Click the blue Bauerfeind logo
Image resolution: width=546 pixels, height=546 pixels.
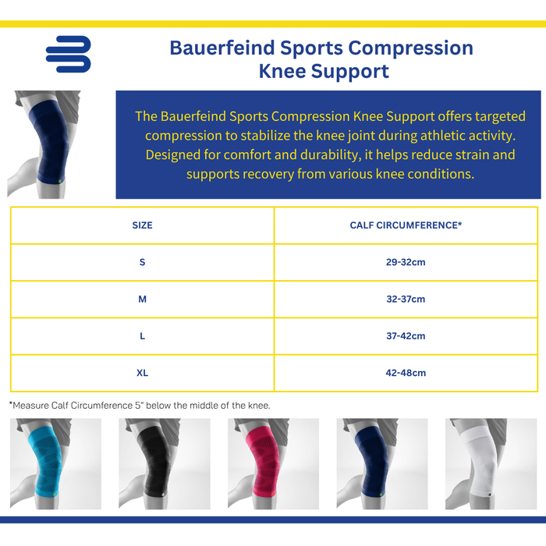[x=68, y=55]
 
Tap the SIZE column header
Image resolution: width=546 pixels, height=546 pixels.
[x=142, y=225]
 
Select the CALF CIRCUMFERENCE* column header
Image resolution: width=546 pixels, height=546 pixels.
[x=406, y=225]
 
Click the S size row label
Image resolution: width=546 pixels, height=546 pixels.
[x=142, y=262]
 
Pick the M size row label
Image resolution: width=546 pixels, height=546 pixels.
[x=142, y=299]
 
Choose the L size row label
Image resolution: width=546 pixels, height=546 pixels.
[x=142, y=336]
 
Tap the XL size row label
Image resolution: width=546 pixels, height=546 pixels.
[x=142, y=373]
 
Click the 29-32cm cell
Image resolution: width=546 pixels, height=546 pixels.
[x=406, y=262]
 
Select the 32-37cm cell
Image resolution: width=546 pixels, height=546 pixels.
[x=406, y=299]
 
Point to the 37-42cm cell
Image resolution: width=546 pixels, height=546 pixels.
[x=406, y=336]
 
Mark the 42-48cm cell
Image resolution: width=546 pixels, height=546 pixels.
[x=406, y=373]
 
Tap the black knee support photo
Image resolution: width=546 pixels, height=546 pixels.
[x=164, y=463]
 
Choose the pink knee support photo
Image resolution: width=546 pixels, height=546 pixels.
[x=273, y=463]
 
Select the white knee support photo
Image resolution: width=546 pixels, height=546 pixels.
[x=491, y=463]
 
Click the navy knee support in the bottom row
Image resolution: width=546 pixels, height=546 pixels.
[x=382, y=463]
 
